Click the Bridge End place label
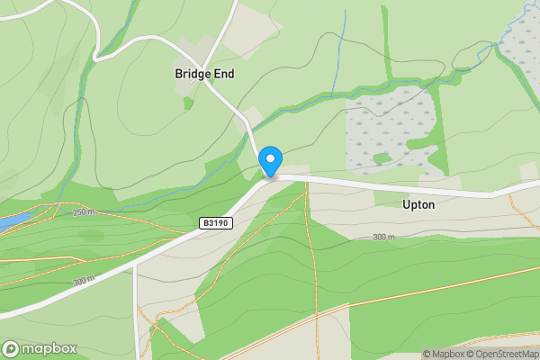coord(203,75)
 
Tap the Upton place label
coord(418,204)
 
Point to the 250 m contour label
coord(84,212)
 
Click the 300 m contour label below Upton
coord(383,237)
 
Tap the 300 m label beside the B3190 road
coord(84,281)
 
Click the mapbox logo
coord(40,348)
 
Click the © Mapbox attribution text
coord(442,354)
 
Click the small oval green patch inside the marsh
coord(382,158)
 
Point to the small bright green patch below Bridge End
coord(188,103)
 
